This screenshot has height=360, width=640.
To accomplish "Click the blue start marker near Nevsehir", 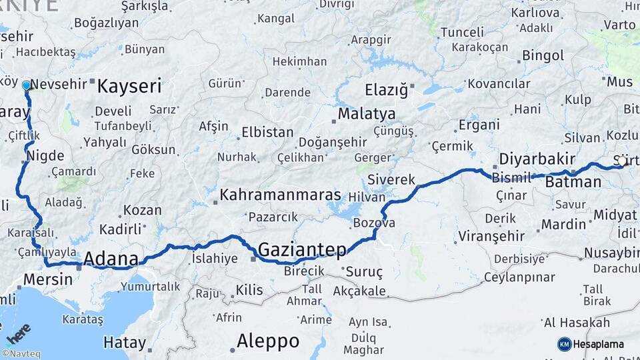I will [27, 85].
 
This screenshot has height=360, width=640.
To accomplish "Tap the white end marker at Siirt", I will [622, 161].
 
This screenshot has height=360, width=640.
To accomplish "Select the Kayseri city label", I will [129, 86].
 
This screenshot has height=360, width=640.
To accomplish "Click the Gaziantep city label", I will [301, 250].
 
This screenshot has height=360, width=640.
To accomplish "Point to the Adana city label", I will [111, 259].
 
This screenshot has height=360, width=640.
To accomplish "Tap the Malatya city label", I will [366, 114].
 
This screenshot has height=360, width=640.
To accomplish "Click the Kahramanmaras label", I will [280, 195].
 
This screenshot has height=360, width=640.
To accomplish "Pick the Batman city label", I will [573, 182].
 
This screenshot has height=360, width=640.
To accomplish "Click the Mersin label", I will [47, 279].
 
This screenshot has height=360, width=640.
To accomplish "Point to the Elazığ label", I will [386, 90].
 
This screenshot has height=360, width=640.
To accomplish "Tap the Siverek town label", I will [391, 180].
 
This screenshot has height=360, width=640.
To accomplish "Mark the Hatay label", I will [125, 343].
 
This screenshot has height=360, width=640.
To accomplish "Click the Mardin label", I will [563, 224].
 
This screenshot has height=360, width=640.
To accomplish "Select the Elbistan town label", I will [267, 132].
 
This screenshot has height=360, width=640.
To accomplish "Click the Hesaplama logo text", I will [599, 344].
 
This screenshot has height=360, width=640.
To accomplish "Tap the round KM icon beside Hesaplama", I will [564, 344].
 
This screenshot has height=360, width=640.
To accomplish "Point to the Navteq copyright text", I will [20, 354].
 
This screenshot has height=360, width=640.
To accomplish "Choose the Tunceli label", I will [462, 32].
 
